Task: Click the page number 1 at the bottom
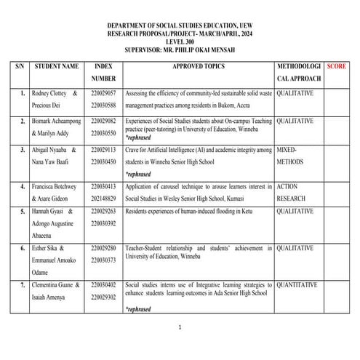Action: pos(180,327)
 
